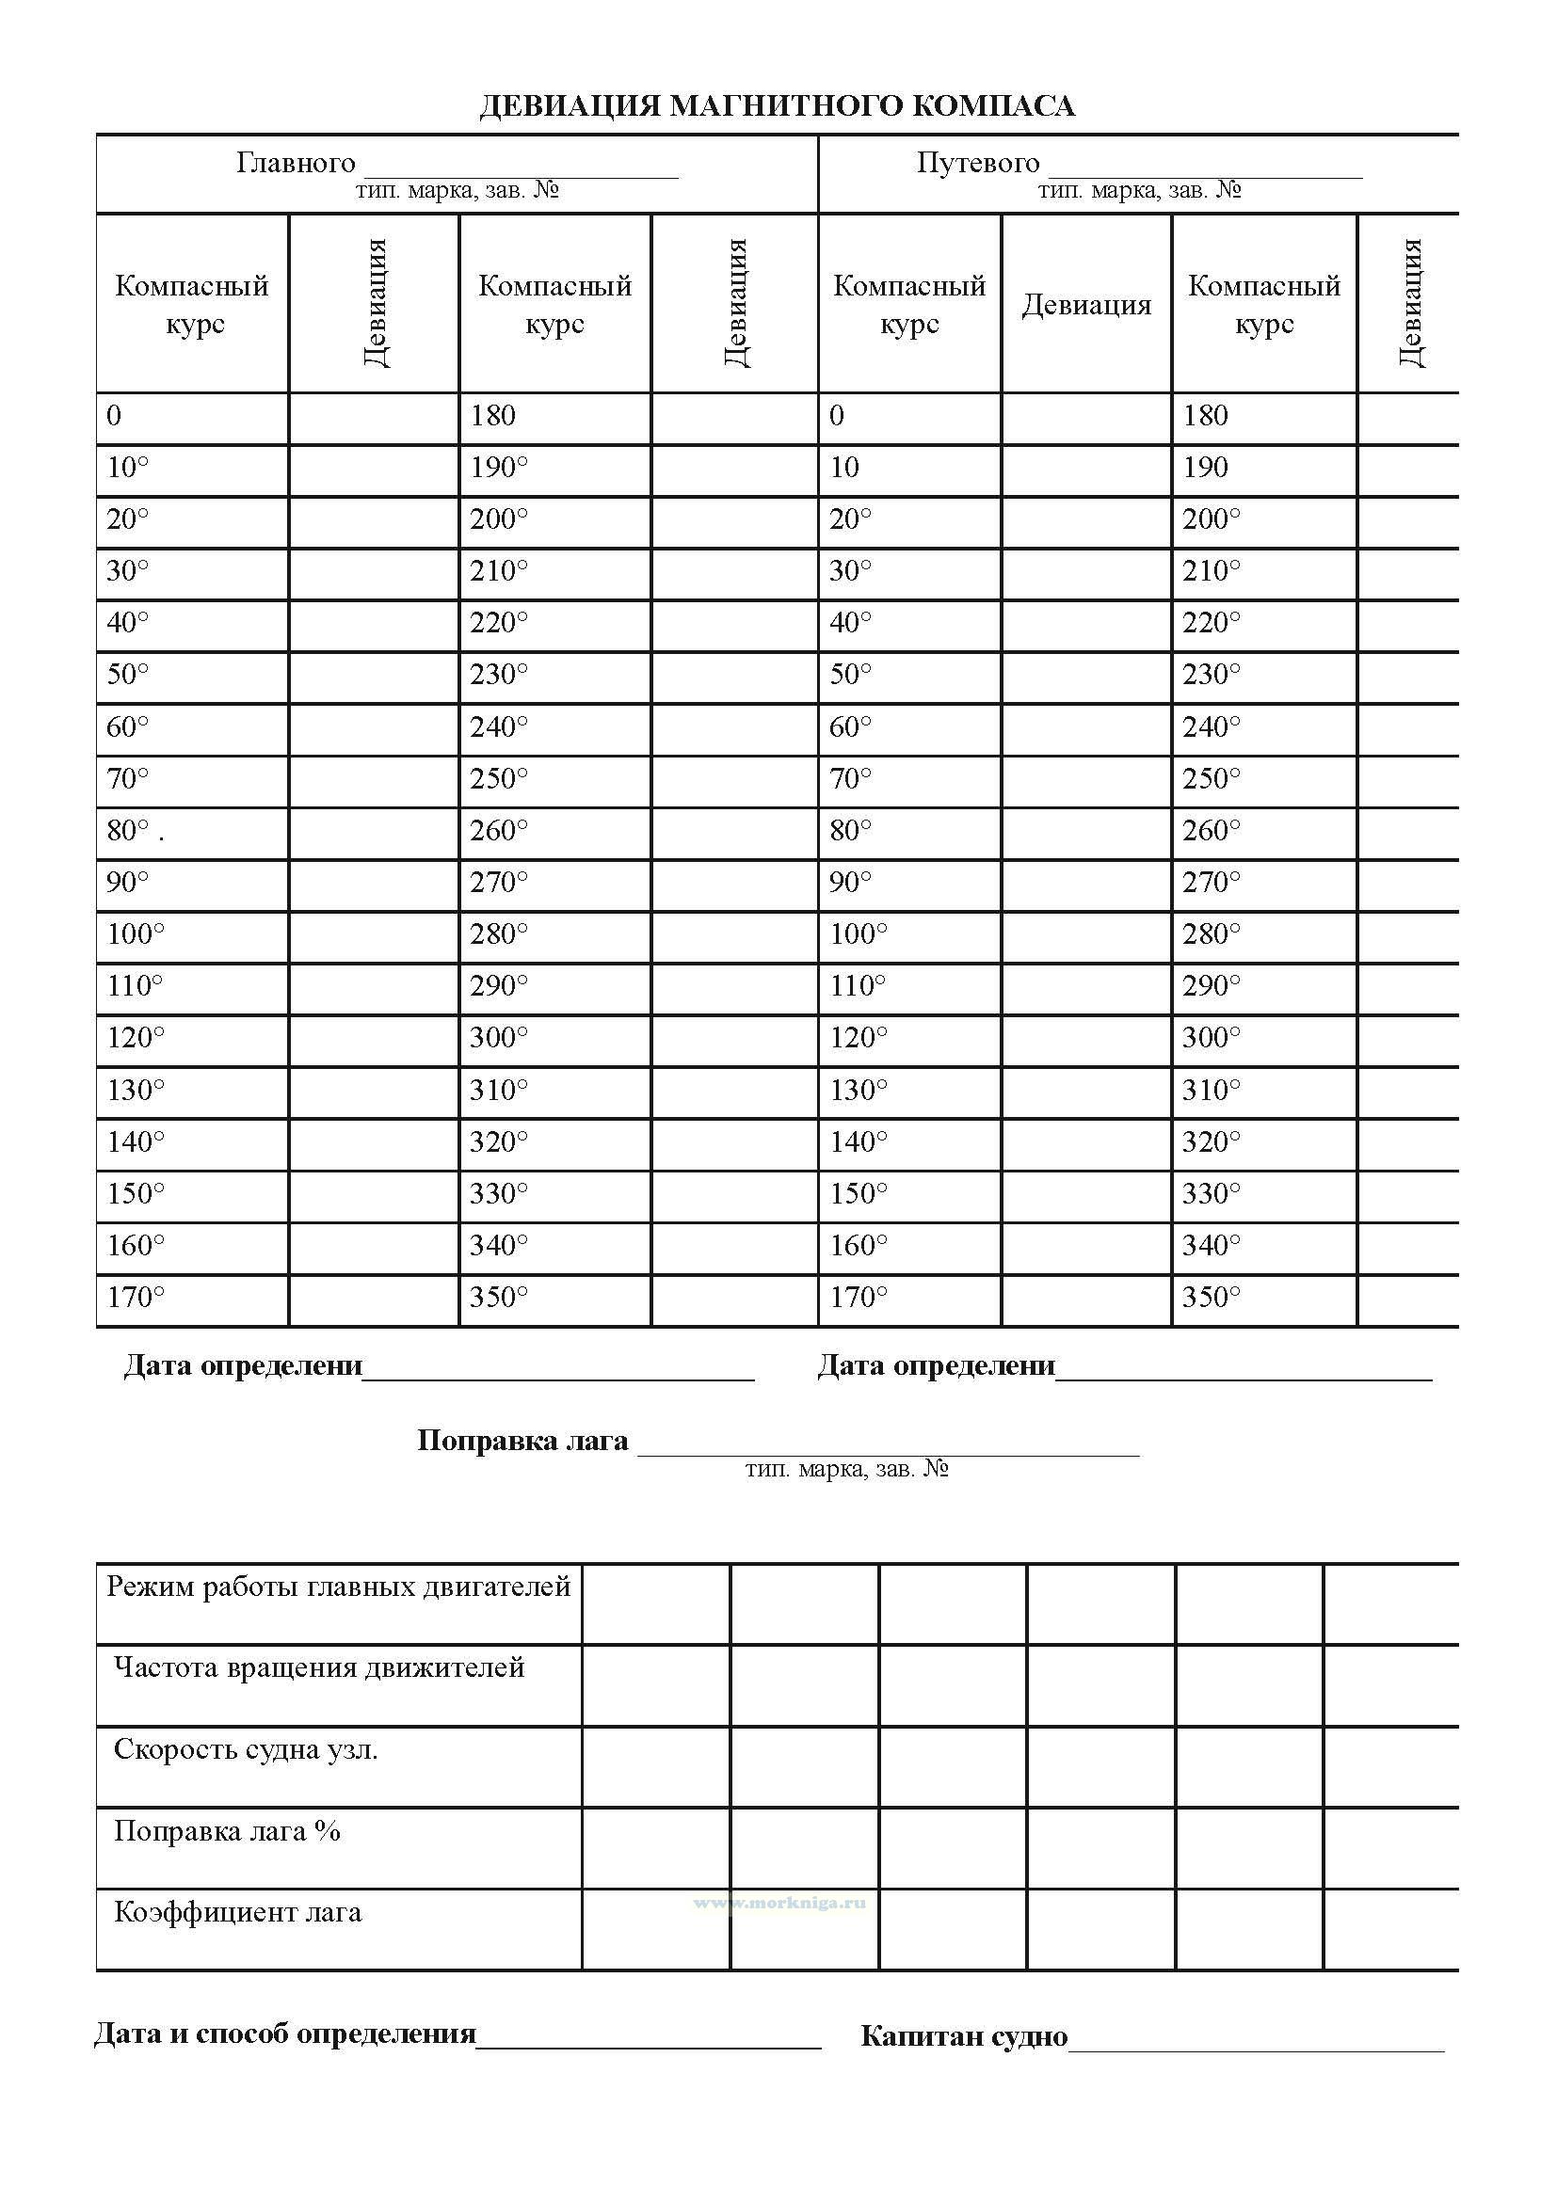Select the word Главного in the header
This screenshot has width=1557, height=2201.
296,163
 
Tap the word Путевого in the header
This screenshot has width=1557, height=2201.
977,163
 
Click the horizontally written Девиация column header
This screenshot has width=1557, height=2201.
1085,305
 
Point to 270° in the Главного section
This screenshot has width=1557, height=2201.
499,882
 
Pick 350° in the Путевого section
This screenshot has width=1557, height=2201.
1211,1297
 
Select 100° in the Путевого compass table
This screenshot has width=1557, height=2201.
859,933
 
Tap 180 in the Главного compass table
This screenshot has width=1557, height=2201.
492,416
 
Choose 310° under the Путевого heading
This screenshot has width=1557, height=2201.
1211,1090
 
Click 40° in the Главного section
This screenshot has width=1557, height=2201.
127,623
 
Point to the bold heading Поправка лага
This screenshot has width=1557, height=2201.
522,1441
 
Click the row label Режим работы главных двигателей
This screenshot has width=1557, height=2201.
339,1587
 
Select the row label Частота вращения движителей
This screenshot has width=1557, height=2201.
319,1668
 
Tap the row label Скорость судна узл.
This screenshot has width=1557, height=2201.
246,1749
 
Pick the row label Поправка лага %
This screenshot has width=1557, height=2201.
227,1831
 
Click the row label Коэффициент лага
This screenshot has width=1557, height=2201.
238,1912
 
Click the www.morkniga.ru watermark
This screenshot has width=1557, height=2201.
778,1903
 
